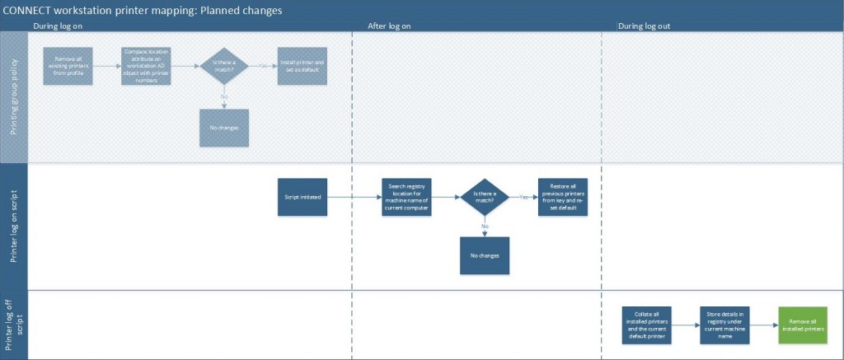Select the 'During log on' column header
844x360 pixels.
(58, 26)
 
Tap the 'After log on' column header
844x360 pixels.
(389, 26)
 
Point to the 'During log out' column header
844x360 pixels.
(644, 26)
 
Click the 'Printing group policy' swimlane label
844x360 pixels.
(14, 97)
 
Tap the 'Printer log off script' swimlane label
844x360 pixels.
(14, 325)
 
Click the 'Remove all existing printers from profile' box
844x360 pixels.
(68, 66)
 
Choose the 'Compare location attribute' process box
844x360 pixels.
(147, 66)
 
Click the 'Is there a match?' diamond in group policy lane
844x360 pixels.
(224, 66)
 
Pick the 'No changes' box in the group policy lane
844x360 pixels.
(224, 129)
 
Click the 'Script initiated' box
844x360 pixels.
(302, 198)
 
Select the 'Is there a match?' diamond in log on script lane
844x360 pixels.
(485, 198)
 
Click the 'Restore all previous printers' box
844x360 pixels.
(564, 198)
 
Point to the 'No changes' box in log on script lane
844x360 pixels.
(485, 255)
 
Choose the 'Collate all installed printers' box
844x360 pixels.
(647, 325)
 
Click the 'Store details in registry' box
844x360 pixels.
(724, 325)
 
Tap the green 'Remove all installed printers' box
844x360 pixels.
(803, 325)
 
